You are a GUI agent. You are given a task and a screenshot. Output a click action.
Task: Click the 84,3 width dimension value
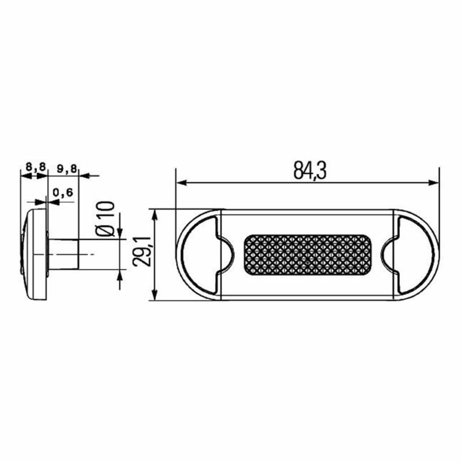tap(310, 171)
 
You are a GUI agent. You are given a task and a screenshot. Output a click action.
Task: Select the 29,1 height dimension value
tap(141, 251)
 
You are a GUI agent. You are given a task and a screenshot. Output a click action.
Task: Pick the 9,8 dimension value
tap(67, 168)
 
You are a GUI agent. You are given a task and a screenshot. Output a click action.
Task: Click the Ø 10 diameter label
tap(105, 219)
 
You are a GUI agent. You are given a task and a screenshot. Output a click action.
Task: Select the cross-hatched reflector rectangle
tap(308, 254)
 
